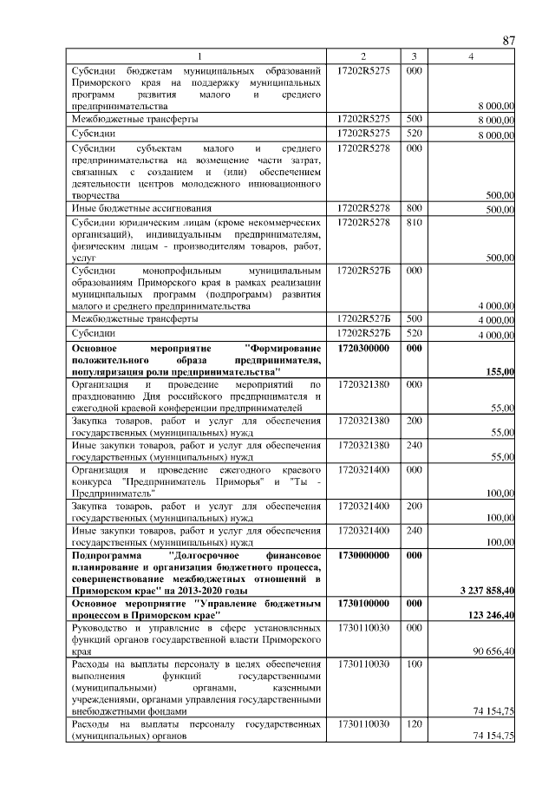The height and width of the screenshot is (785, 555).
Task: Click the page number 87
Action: (509, 41)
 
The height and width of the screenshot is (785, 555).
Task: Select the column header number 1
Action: (198, 56)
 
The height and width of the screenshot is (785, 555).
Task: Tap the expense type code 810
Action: (414, 223)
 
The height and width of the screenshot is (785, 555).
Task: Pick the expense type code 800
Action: (414, 209)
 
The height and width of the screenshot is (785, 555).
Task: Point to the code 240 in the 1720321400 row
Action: (414, 529)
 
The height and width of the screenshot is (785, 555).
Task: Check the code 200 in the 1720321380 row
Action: (414, 421)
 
